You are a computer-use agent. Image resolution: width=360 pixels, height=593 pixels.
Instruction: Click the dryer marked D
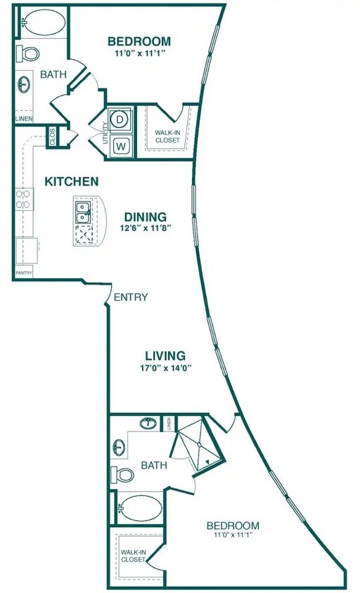click(120, 120)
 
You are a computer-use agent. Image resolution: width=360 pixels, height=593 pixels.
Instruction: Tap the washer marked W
click(120, 145)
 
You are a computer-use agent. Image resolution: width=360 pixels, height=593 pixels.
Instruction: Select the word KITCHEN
click(71, 182)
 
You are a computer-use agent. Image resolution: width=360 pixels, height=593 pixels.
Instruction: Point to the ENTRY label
click(131, 297)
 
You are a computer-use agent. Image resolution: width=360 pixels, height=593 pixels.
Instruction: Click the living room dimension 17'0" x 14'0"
click(165, 367)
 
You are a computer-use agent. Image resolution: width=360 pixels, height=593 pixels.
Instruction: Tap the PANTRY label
click(23, 273)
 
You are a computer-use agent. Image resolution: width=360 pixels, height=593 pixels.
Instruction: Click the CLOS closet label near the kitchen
click(53, 136)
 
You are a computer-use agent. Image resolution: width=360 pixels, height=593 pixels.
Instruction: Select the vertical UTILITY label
click(106, 132)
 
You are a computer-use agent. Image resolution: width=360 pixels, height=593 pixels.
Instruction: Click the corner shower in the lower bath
click(200, 450)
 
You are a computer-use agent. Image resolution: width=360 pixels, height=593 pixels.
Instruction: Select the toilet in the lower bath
click(124, 474)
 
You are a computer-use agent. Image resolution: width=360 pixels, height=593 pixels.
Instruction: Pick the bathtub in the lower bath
click(139, 506)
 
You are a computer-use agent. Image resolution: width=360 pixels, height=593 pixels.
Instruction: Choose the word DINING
click(146, 216)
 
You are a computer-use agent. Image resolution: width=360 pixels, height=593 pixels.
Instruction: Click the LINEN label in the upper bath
click(23, 118)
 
